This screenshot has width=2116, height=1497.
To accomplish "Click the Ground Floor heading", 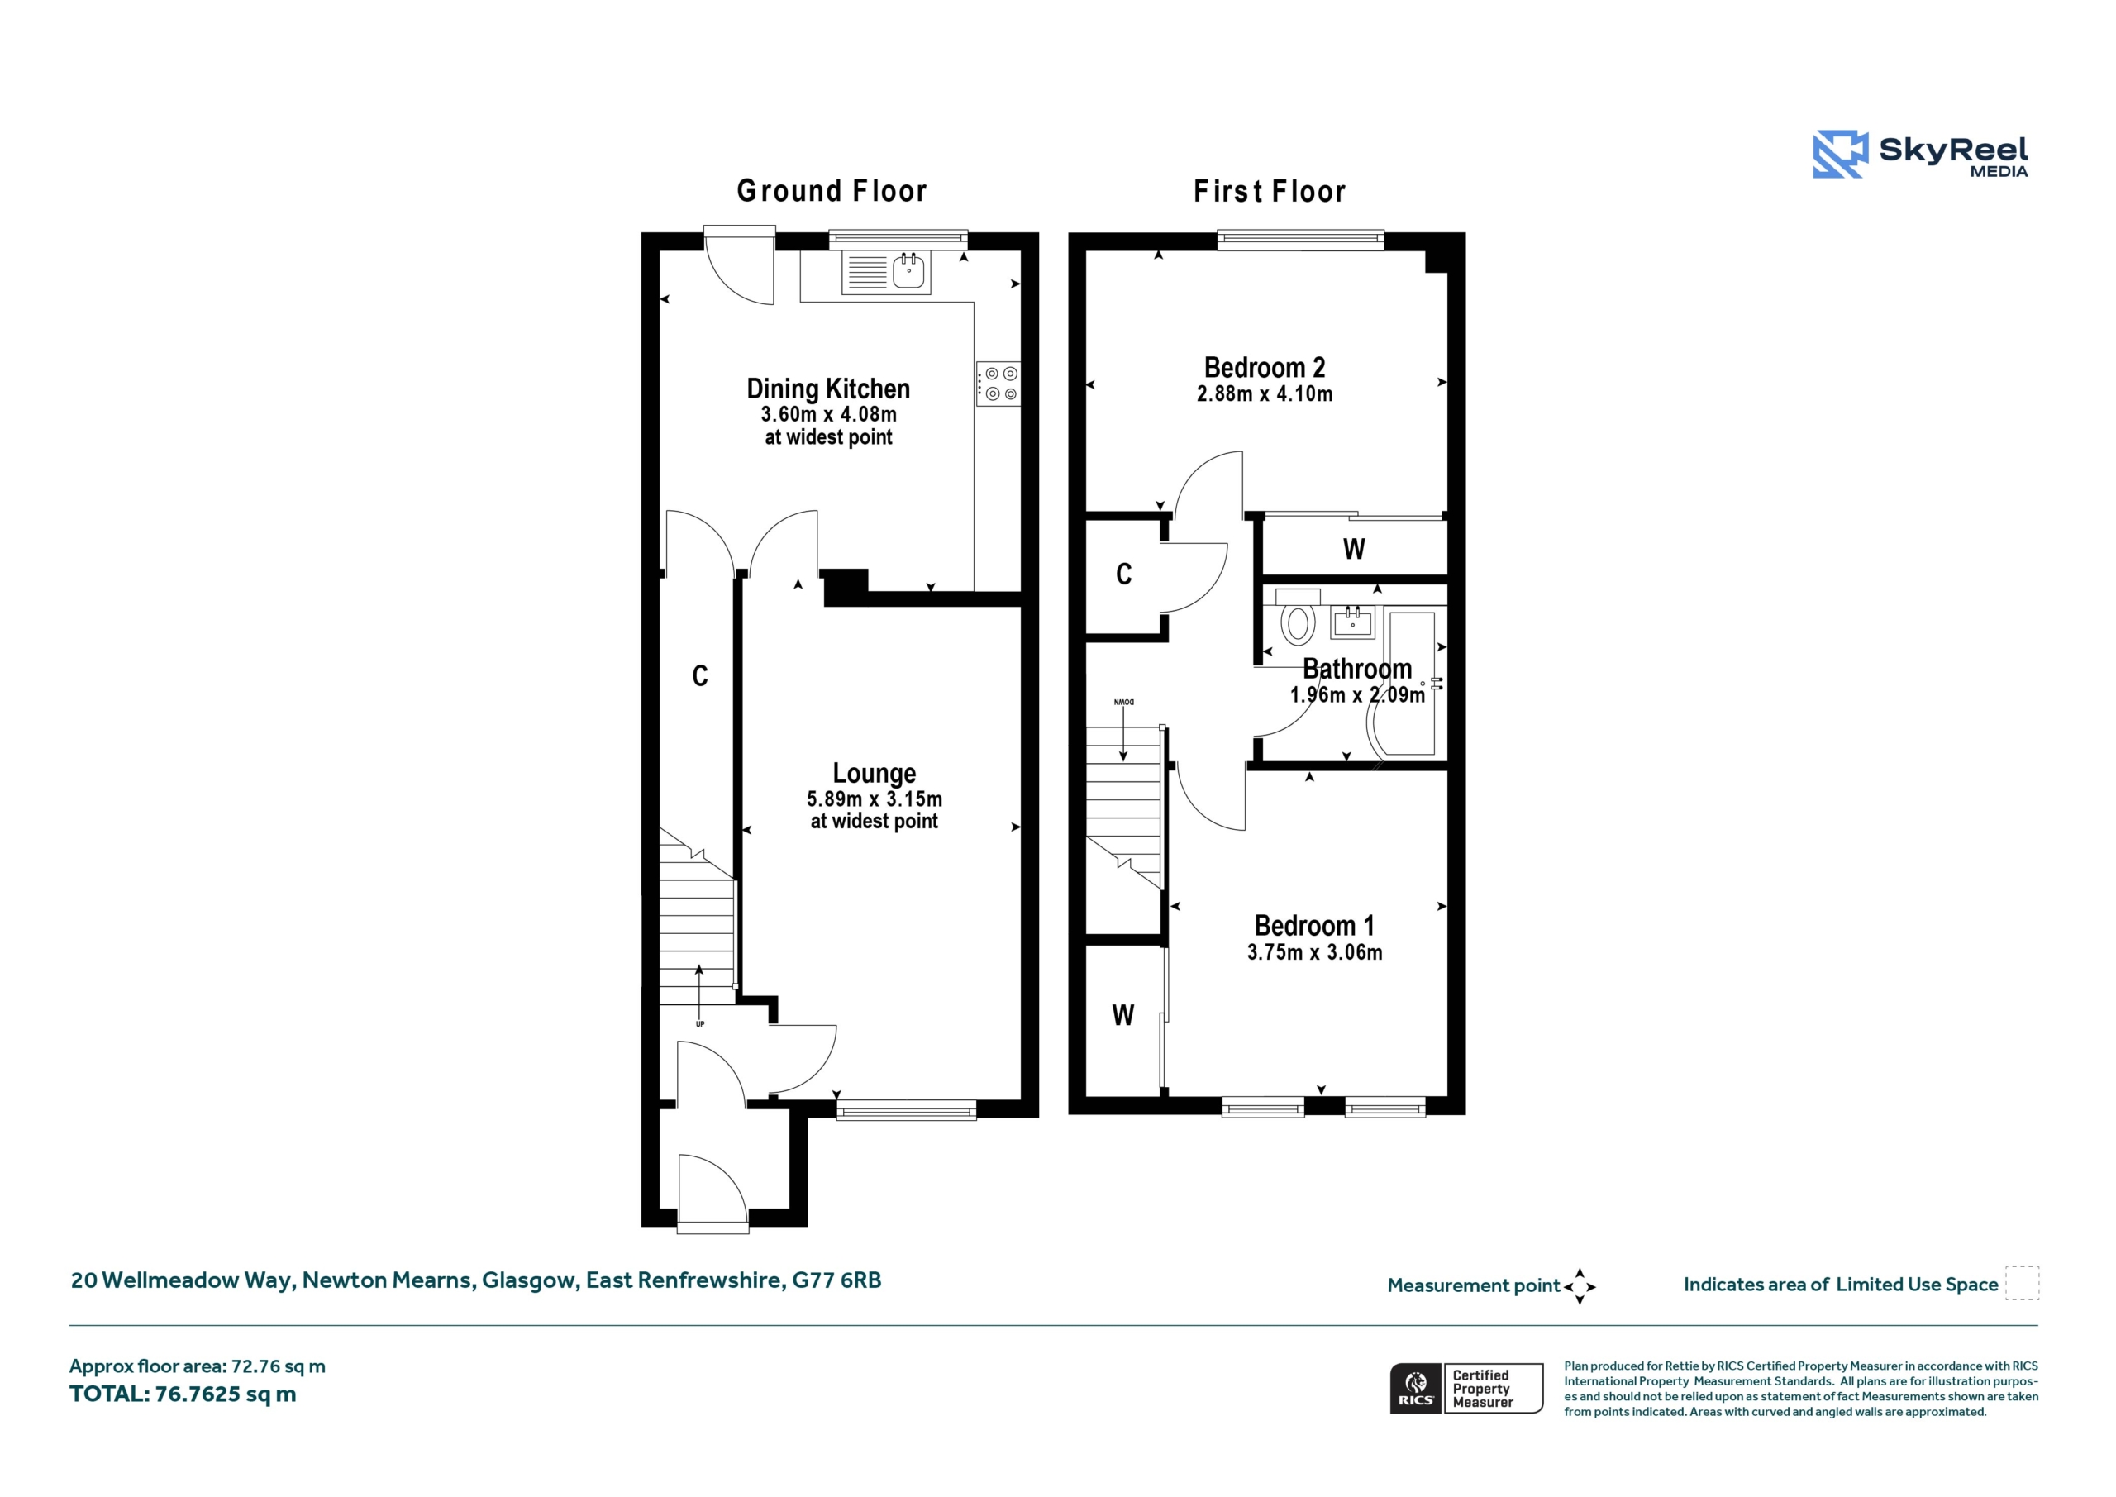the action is tap(832, 191).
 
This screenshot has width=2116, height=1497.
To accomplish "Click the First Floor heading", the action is tap(1269, 191).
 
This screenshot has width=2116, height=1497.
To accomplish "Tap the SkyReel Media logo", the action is tap(1921, 154).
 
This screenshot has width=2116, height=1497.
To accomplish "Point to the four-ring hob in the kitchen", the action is tap(999, 383).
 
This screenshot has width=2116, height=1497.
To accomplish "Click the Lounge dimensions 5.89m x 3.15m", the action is tap(874, 799).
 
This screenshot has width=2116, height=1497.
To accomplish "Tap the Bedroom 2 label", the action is tap(1265, 368).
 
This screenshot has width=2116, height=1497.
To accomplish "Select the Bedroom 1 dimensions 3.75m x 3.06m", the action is tap(1314, 952).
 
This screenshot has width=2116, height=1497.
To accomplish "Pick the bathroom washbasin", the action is tap(1353, 622).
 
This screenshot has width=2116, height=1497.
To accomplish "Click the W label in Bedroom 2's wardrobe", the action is tap(1354, 550).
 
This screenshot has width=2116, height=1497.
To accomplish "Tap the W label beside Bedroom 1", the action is tap(1122, 1016).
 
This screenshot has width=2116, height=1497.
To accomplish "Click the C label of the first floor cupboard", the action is tap(1123, 574).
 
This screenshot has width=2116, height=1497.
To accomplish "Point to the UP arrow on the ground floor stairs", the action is tap(699, 990).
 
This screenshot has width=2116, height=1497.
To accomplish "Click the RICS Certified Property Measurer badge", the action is tap(1466, 1388).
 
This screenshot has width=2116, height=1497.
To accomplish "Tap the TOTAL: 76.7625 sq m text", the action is tap(183, 1394).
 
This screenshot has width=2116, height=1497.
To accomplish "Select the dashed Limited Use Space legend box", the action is tap(2022, 1283).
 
